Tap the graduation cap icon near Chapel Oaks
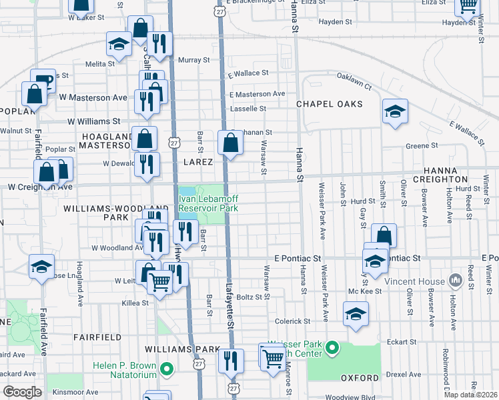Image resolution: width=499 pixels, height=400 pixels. tap(395, 111)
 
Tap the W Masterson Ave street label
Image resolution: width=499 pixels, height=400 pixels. tap(93, 97)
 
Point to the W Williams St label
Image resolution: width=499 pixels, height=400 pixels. tap(94, 122)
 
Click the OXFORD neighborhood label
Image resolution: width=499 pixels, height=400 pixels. tap(360, 377)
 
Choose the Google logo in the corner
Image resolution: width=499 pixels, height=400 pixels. tap(22, 392)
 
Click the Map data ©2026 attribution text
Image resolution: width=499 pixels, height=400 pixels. tap(470, 395)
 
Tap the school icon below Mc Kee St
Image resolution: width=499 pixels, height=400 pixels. tap(356, 313)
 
